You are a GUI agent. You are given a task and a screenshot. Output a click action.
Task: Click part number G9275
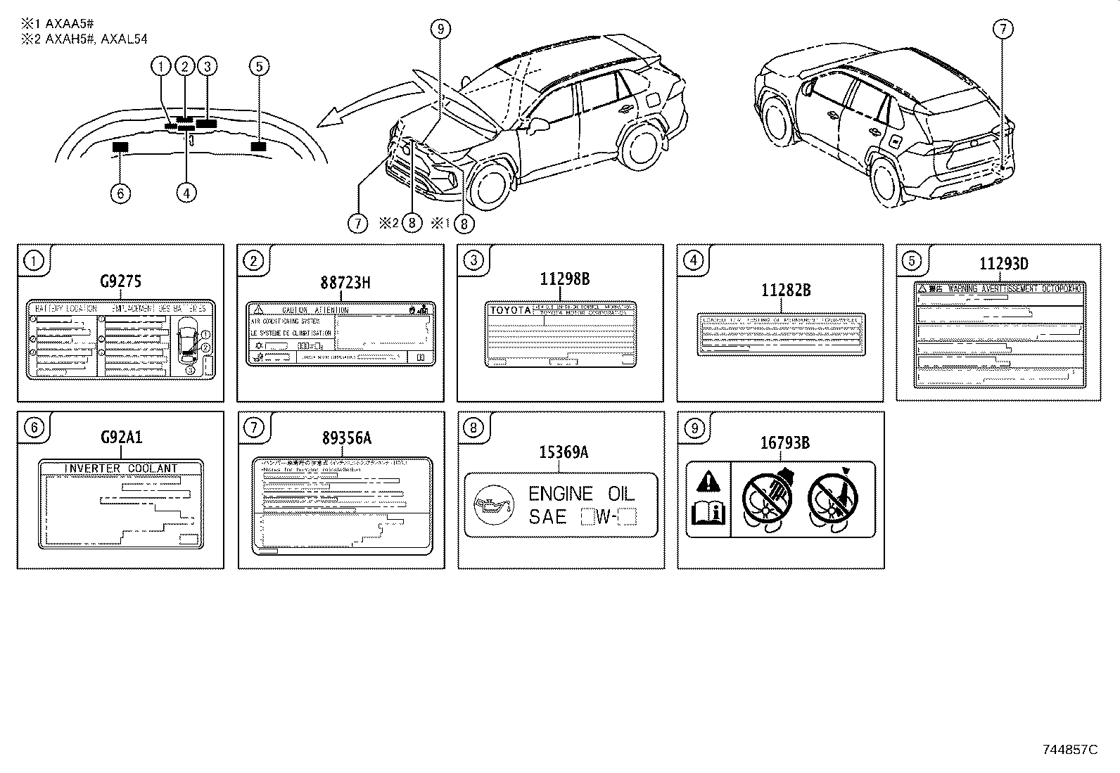pos(120,282)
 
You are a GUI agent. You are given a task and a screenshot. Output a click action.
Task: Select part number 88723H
pos(345,283)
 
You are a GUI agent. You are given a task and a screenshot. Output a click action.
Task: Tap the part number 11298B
pos(565,279)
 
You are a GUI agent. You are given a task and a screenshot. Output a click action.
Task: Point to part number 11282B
pos(786,290)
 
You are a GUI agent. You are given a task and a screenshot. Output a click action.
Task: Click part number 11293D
pos(1004,264)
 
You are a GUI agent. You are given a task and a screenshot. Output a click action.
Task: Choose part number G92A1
pos(121,437)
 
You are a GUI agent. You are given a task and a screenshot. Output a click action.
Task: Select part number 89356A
pos(347,437)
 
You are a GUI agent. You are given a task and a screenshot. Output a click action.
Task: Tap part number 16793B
pos(784,442)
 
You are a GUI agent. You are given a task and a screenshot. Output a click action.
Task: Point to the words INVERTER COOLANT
pos(121,468)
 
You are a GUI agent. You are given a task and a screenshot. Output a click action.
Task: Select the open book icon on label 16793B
pos(708,513)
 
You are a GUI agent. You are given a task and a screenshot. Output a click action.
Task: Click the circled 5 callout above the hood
pos(259,66)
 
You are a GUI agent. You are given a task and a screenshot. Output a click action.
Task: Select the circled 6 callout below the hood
pos(120,193)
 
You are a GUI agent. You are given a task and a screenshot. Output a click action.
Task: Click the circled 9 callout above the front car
pos(440,29)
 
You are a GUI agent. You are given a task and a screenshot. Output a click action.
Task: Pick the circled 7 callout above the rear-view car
pos(1003,29)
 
